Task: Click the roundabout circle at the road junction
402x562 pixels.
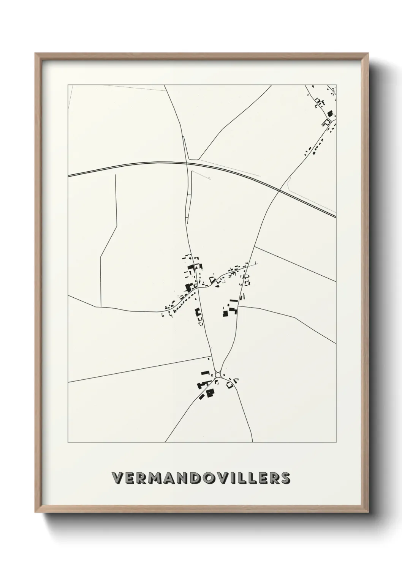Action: [218, 375]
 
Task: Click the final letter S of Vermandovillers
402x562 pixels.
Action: [285, 478]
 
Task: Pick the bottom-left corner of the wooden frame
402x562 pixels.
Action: [36, 511]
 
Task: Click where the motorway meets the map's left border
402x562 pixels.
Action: [68, 176]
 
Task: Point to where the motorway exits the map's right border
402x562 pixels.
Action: [336, 217]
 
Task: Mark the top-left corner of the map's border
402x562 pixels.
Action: [68, 85]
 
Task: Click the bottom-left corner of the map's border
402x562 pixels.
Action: [68, 442]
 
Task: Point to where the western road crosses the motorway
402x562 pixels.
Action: [187, 163]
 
